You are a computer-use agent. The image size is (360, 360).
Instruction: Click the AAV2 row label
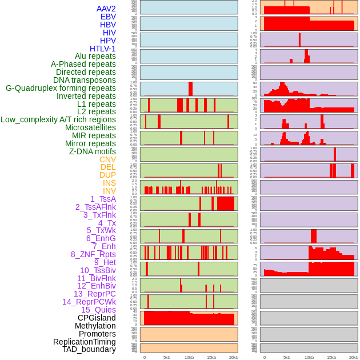tap(106, 9)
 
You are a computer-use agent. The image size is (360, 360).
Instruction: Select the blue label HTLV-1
tap(102, 49)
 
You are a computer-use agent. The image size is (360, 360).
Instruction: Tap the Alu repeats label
tap(95, 56)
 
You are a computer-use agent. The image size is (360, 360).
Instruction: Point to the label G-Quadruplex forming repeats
tap(61, 88)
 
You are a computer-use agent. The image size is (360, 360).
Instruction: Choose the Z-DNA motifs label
tap(93, 151)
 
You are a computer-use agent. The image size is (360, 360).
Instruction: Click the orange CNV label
tap(107, 159)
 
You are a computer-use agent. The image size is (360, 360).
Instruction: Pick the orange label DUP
tap(107, 175)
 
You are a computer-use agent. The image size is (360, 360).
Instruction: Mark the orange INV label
tap(109, 191)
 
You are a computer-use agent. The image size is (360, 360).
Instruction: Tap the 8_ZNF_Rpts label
tap(93, 254)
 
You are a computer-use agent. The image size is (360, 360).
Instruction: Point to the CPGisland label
tap(97, 318)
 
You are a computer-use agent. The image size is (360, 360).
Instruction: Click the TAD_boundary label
tap(89, 349)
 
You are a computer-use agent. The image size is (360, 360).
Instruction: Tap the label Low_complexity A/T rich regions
tap(58, 119)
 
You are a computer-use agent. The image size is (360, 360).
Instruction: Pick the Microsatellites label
tap(90, 127)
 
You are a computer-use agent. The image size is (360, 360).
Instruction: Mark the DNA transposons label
tap(85, 80)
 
